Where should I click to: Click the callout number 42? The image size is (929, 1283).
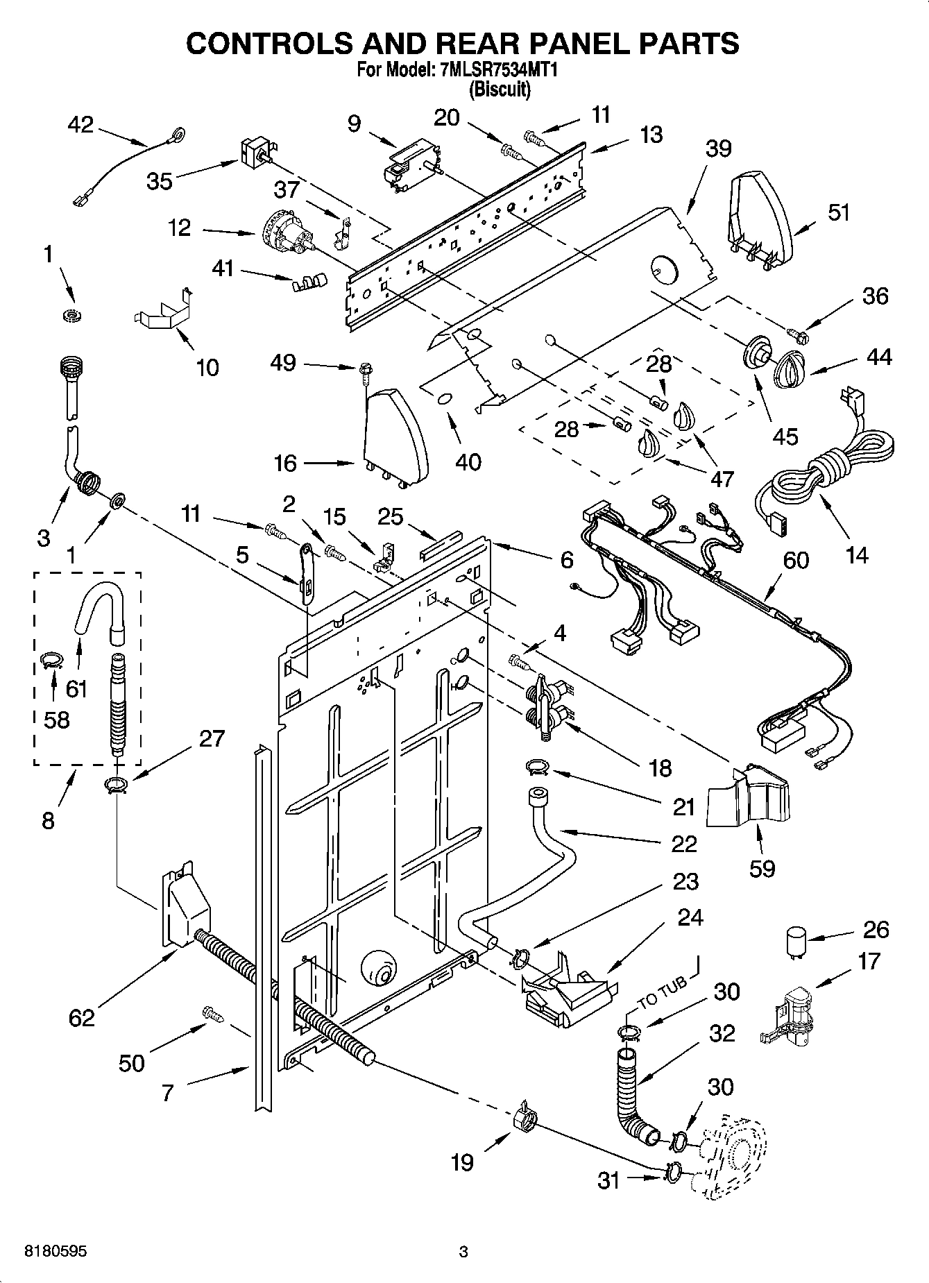click(80, 125)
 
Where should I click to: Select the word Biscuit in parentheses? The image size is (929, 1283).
click(500, 89)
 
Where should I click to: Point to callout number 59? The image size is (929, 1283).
click(762, 868)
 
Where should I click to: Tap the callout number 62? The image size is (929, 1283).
click(81, 1018)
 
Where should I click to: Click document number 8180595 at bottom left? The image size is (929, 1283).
click(56, 1251)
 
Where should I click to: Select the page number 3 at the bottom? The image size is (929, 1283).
click(463, 1252)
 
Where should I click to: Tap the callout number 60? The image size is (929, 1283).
click(796, 560)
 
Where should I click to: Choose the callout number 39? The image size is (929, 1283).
click(719, 148)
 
